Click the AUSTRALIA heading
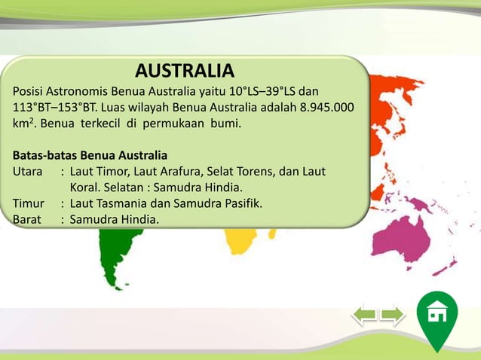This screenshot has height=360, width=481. click(x=185, y=71)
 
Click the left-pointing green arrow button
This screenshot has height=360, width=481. click(x=366, y=314)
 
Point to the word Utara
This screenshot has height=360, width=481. click(x=27, y=172)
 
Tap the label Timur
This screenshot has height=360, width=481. click(x=28, y=203)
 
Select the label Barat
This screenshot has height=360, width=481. click(x=27, y=219)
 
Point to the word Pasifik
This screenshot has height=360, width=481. click(x=239, y=203)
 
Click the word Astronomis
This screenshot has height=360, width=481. click(x=78, y=91)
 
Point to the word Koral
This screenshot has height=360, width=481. click(x=87, y=188)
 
